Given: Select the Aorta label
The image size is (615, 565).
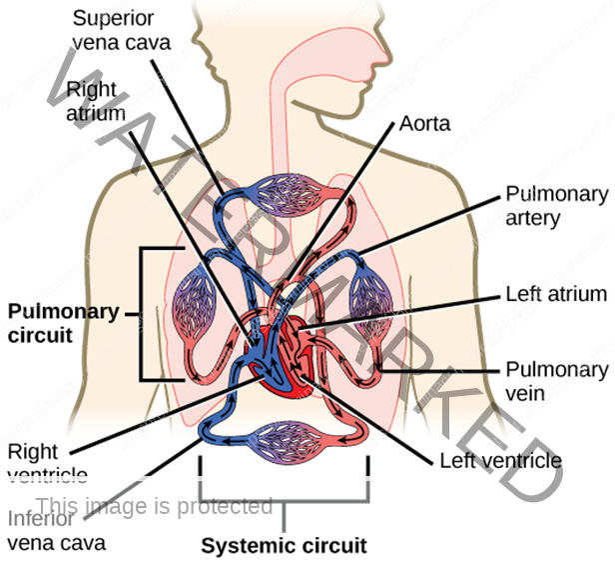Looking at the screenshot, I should (x=424, y=124).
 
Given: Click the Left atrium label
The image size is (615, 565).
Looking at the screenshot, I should (x=556, y=294).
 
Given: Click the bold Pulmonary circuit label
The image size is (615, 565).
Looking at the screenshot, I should (x=56, y=323).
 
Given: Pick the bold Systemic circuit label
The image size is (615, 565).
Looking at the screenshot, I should (x=285, y=546).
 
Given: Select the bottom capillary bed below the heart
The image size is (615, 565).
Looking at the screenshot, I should (x=285, y=440).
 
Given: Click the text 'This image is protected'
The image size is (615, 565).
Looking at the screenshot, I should (x=154, y=507).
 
